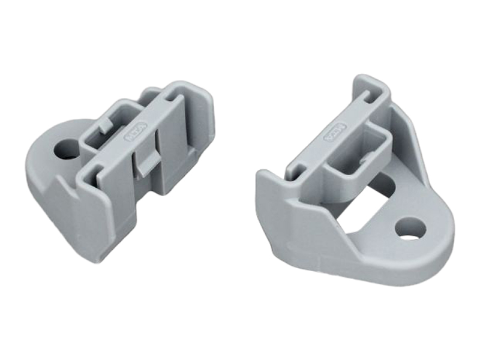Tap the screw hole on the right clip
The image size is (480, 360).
(410, 229)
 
